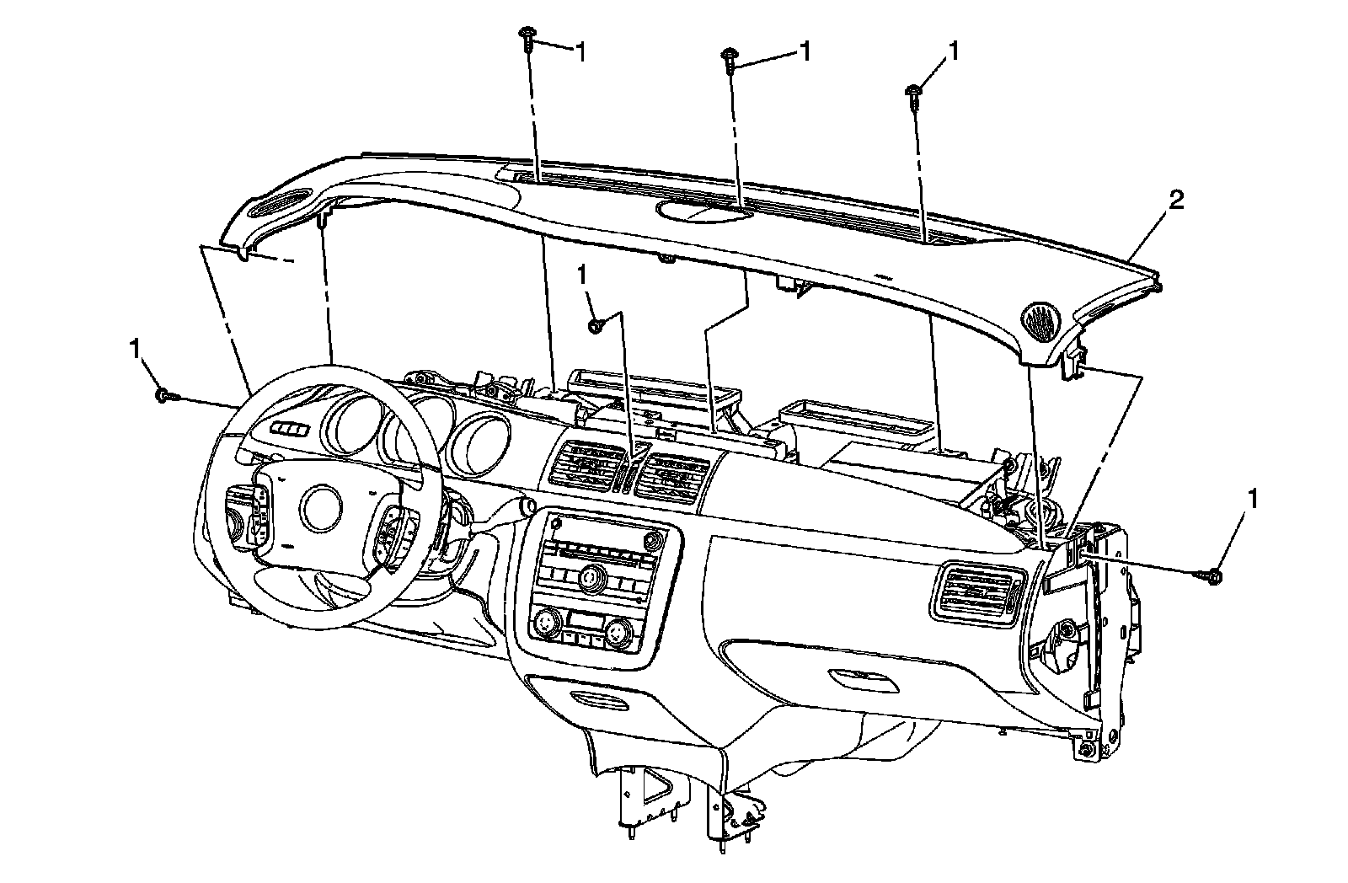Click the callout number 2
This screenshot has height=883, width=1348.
pyautogui.click(x=1175, y=201)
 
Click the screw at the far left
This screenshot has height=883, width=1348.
pyautogui.click(x=163, y=394)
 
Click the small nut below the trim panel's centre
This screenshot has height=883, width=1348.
pyautogui.click(x=595, y=325)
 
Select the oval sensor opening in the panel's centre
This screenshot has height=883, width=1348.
pyautogui.click(x=703, y=212)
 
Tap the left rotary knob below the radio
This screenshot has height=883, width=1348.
pyautogui.click(x=546, y=624)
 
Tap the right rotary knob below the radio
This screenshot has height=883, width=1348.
pyautogui.click(x=619, y=630)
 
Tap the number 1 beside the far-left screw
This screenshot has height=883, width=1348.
pyautogui.click(x=136, y=348)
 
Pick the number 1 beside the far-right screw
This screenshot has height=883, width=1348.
pyautogui.click(x=1254, y=499)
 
